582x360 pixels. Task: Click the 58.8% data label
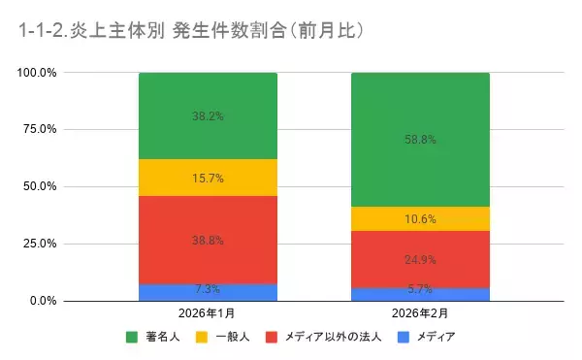click(420, 140)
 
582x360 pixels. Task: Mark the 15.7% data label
click(208, 178)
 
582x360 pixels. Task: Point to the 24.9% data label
click(420, 259)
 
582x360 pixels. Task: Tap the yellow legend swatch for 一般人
click(202, 338)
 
